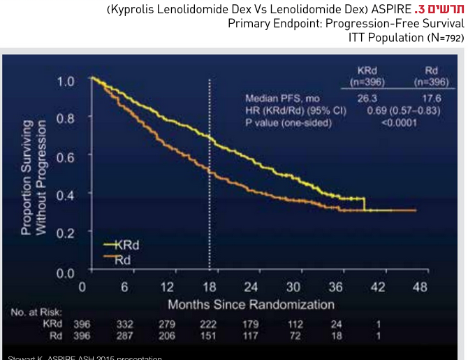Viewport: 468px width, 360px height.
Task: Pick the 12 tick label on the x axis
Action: point(167,287)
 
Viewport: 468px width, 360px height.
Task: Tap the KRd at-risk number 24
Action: point(337,325)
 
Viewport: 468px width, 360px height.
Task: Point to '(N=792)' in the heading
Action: point(445,37)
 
